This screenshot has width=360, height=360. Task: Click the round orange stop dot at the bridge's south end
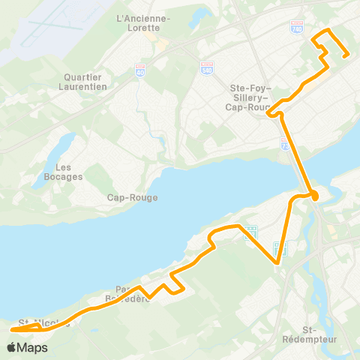(315, 196)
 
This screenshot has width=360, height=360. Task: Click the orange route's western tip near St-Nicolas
(13, 328)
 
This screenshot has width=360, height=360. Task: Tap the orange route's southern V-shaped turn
(277, 262)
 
